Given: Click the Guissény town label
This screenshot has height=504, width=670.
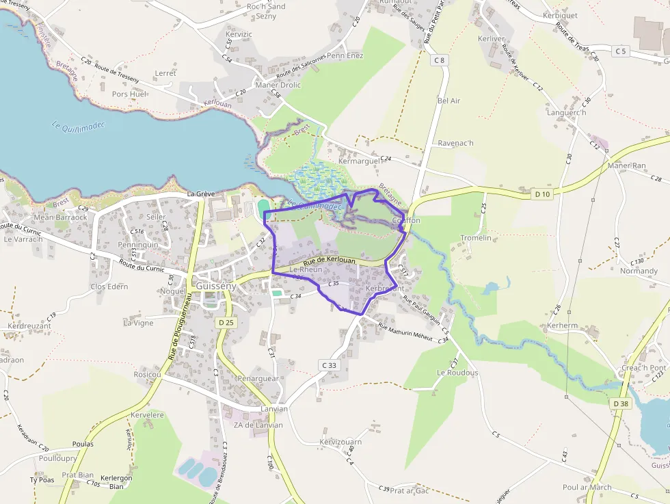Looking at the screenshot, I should coord(215,287).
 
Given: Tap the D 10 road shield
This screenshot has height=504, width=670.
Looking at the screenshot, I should coord(542,194).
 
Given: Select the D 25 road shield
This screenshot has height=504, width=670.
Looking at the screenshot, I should coord(226,322).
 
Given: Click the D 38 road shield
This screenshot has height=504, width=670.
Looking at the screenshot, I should coord(621,404).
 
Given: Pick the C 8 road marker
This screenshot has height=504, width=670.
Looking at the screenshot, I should coord(439,60).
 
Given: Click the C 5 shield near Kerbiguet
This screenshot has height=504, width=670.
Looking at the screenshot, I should coord(620,51).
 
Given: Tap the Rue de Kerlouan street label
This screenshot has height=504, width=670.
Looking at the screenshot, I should coord(330,260).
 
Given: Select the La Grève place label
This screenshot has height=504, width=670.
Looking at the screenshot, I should coord(201,194).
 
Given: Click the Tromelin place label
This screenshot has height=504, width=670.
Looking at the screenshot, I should coord(476,238).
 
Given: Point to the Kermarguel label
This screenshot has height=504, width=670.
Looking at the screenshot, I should coord(358,161).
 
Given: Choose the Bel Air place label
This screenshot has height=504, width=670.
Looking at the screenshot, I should coord(448,101).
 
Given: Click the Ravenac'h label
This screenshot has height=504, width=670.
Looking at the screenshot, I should coord(455,143).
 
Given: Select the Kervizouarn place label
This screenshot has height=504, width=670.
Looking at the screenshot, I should coord(340,442).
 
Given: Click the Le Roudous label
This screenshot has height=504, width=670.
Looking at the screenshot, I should coord(458,372).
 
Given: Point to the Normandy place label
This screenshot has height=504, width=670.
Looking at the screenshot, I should coord(639,271).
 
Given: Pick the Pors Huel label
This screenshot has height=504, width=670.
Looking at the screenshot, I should coord(129,94).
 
